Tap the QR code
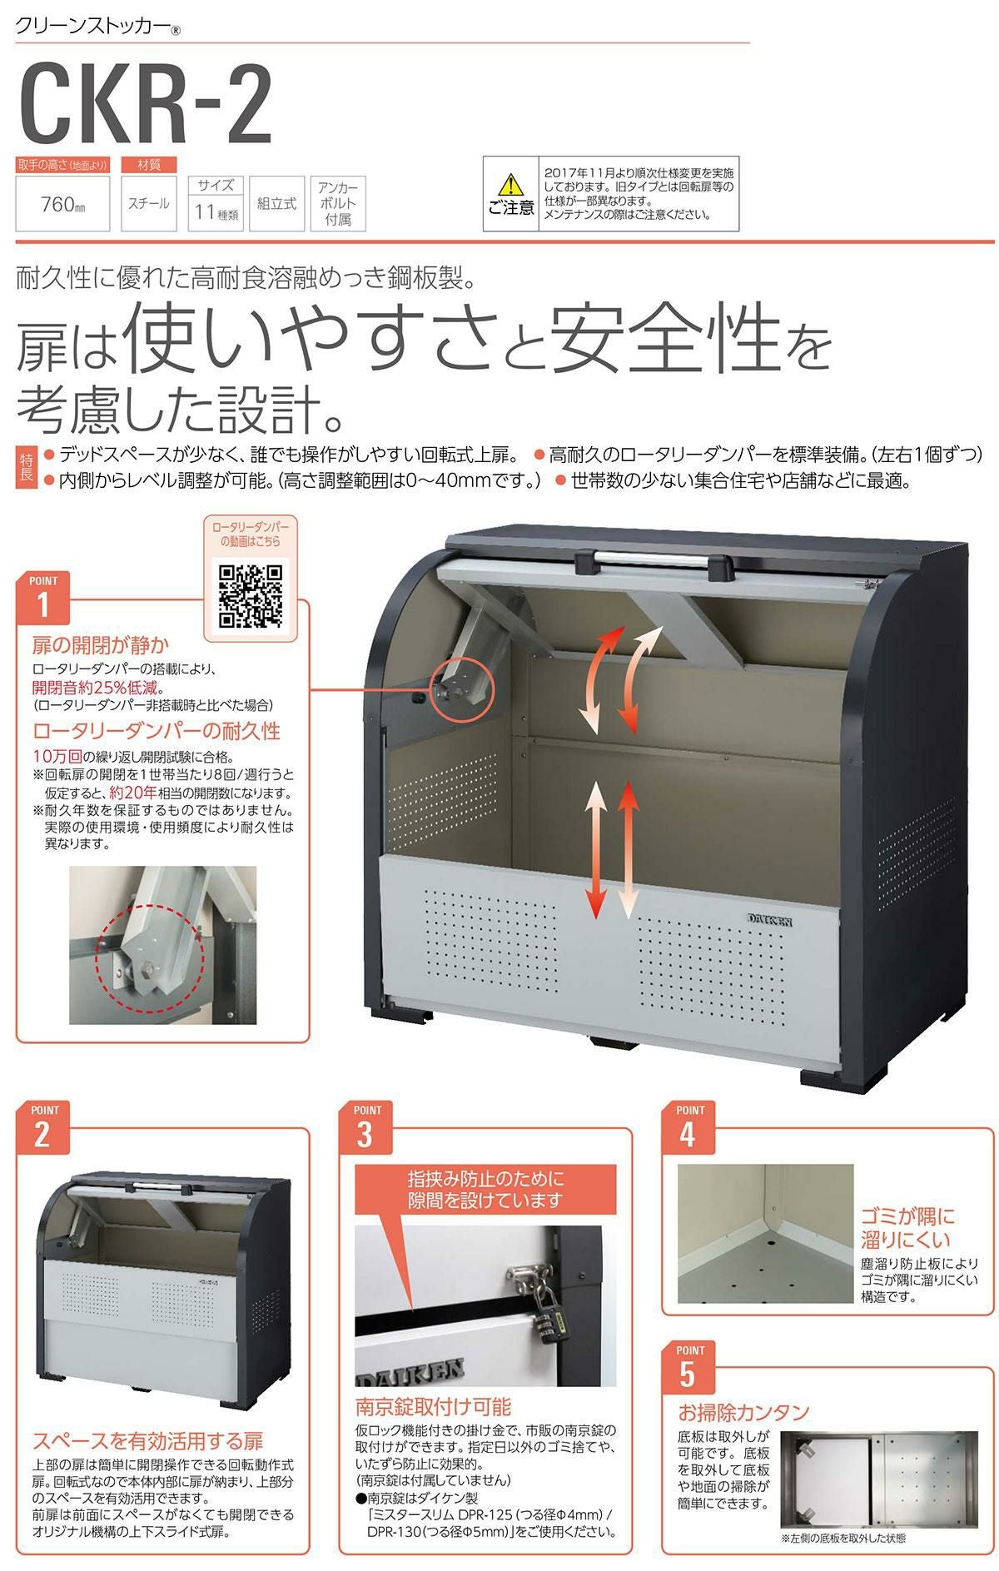pyautogui.click(x=250, y=596)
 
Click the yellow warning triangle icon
pyautogui.click(x=509, y=183)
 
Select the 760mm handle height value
pyautogui.click(x=62, y=204)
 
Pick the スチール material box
pyautogui.click(x=148, y=203)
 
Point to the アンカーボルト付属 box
pyautogui.click(x=338, y=204)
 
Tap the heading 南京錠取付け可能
pyautogui.click(x=433, y=1408)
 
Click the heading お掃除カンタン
pyautogui.click(x=743, y=1412)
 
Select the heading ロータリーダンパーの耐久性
pyautogui.click(x=157, y=731)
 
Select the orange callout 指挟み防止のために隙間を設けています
pyautogui.click(x=485, y=1190)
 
